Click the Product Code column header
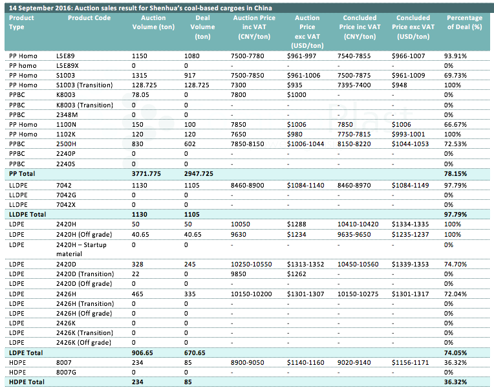click(x=89, y=18)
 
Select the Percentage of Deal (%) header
click(x=464, y=23)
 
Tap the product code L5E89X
click(x=67, y=65)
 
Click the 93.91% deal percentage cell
click(x=455, y=56)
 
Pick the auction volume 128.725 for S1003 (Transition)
click(x=144, y=85)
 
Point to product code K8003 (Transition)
click(x=85, y=105)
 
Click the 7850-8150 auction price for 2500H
click(x=247, y=144)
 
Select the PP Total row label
click(x=22, y=173)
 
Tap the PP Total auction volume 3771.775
click(x=146, y=173)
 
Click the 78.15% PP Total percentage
click(x=456, y=173)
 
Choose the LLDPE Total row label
click(x=27, y=215)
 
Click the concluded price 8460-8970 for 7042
click(x=354, y=185)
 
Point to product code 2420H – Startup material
click(x=81, y=249)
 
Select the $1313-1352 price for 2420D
click(x=305, y=264)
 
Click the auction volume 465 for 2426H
click(x=137, y=294)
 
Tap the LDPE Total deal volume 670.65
click(x=195, y=353)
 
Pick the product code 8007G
click(x=66, y=372)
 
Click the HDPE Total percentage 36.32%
click(x=456, y=382)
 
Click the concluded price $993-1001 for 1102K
click(x=408, y=135)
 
